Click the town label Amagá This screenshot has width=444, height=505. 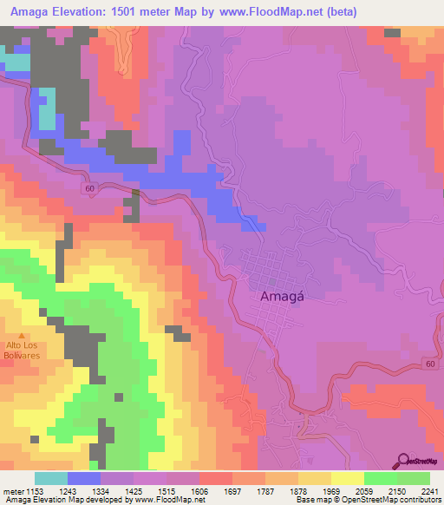(280, 296)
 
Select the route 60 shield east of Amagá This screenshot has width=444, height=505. (431, 364)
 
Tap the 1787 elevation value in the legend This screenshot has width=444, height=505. (266, 490)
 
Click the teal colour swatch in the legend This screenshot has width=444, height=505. (51, 478)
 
